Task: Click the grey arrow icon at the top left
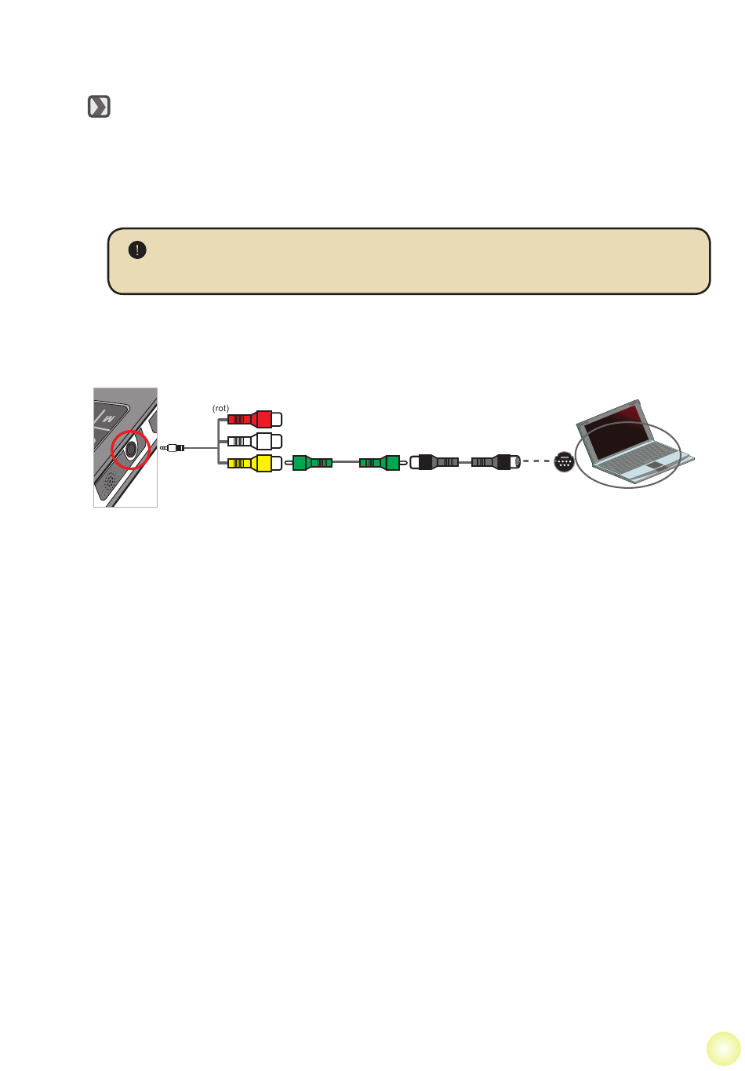tap(99, 107)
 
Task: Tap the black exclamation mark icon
tap(137, 250)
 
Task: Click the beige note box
tap(408, 261)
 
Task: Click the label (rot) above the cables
tap(220, 408)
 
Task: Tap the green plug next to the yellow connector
tap(311, 462)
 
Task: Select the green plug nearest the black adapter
tap(380, 462)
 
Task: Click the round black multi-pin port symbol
tap(564, 462)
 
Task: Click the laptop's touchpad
tap(655, 466)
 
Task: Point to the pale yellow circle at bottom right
tap(723, 1049)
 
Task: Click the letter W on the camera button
tap(108, 417)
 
